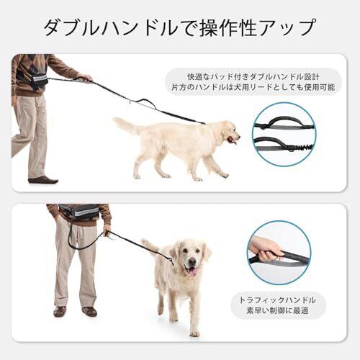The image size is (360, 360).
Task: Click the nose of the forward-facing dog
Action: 192,261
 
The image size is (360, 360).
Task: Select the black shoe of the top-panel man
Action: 43,179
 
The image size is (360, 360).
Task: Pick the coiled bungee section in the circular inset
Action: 303,147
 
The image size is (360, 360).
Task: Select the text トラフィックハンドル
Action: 277,300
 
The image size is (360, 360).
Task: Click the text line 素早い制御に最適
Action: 277,311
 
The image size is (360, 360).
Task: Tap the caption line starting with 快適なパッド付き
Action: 253,77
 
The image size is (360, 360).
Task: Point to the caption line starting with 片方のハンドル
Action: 253,87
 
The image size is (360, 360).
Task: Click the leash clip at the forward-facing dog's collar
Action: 171,261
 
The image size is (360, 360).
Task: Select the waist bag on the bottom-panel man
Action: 79,212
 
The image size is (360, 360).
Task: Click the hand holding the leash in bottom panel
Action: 107,228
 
